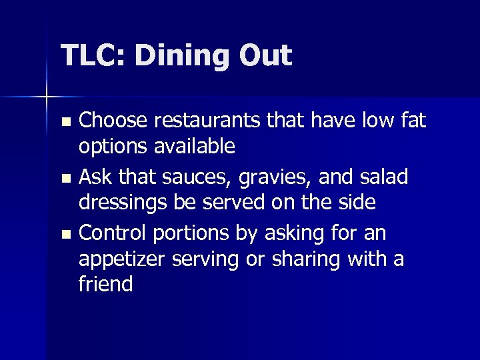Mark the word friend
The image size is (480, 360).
click(x=106, y=284)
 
